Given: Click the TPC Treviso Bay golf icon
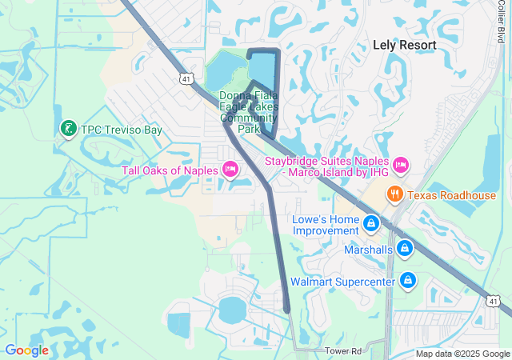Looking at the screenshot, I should click(x=68, y=129).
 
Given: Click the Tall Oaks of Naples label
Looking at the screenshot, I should click(x=170, y=170).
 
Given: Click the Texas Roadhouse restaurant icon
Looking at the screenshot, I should click(x=394, y=194).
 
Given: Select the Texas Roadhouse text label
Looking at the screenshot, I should click(x=451, y=195).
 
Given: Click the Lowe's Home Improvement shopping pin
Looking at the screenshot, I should click(x=370, y=224).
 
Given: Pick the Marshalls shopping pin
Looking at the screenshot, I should click(x=406, y=249).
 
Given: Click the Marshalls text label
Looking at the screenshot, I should click(x=369, y=250).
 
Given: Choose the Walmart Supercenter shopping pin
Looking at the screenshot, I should click(x=407, y=280).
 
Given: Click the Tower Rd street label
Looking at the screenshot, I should click(x=344, y=350).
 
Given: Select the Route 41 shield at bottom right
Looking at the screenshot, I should click(x=493, y=299).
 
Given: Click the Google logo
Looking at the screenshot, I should click(x=26, y=350).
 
